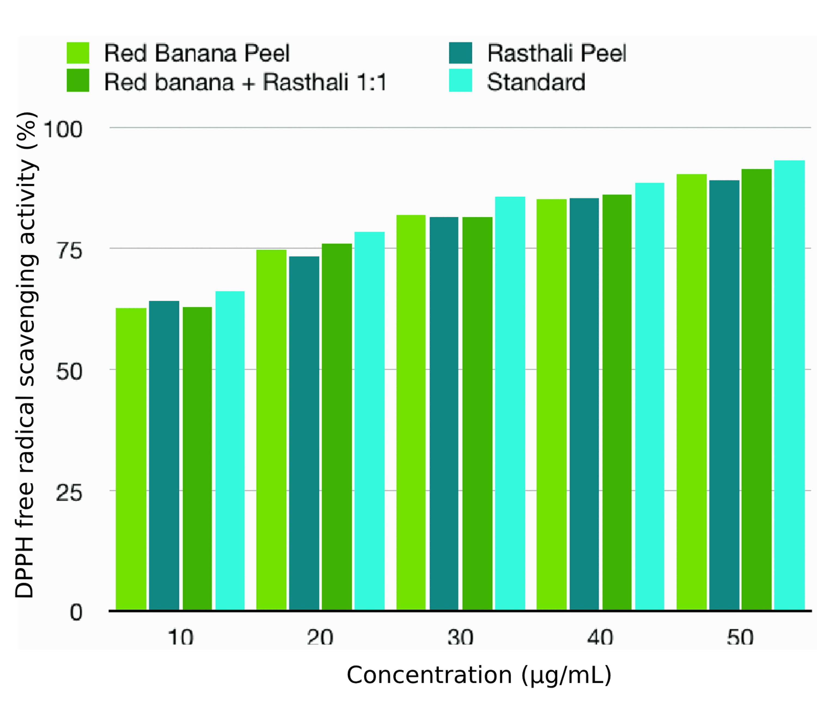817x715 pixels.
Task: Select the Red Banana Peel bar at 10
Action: pos(131,459)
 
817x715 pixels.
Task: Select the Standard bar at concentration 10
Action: pos(230,451)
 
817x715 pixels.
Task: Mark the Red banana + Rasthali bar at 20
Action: pos(337,427)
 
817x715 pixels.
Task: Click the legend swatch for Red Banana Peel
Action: pos(78,53)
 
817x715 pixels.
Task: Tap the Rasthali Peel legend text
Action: pos(556,53)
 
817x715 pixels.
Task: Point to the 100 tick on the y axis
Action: pos(63,130)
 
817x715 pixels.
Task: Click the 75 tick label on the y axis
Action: pos(69,251)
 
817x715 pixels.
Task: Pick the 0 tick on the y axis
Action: pos(76,613)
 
